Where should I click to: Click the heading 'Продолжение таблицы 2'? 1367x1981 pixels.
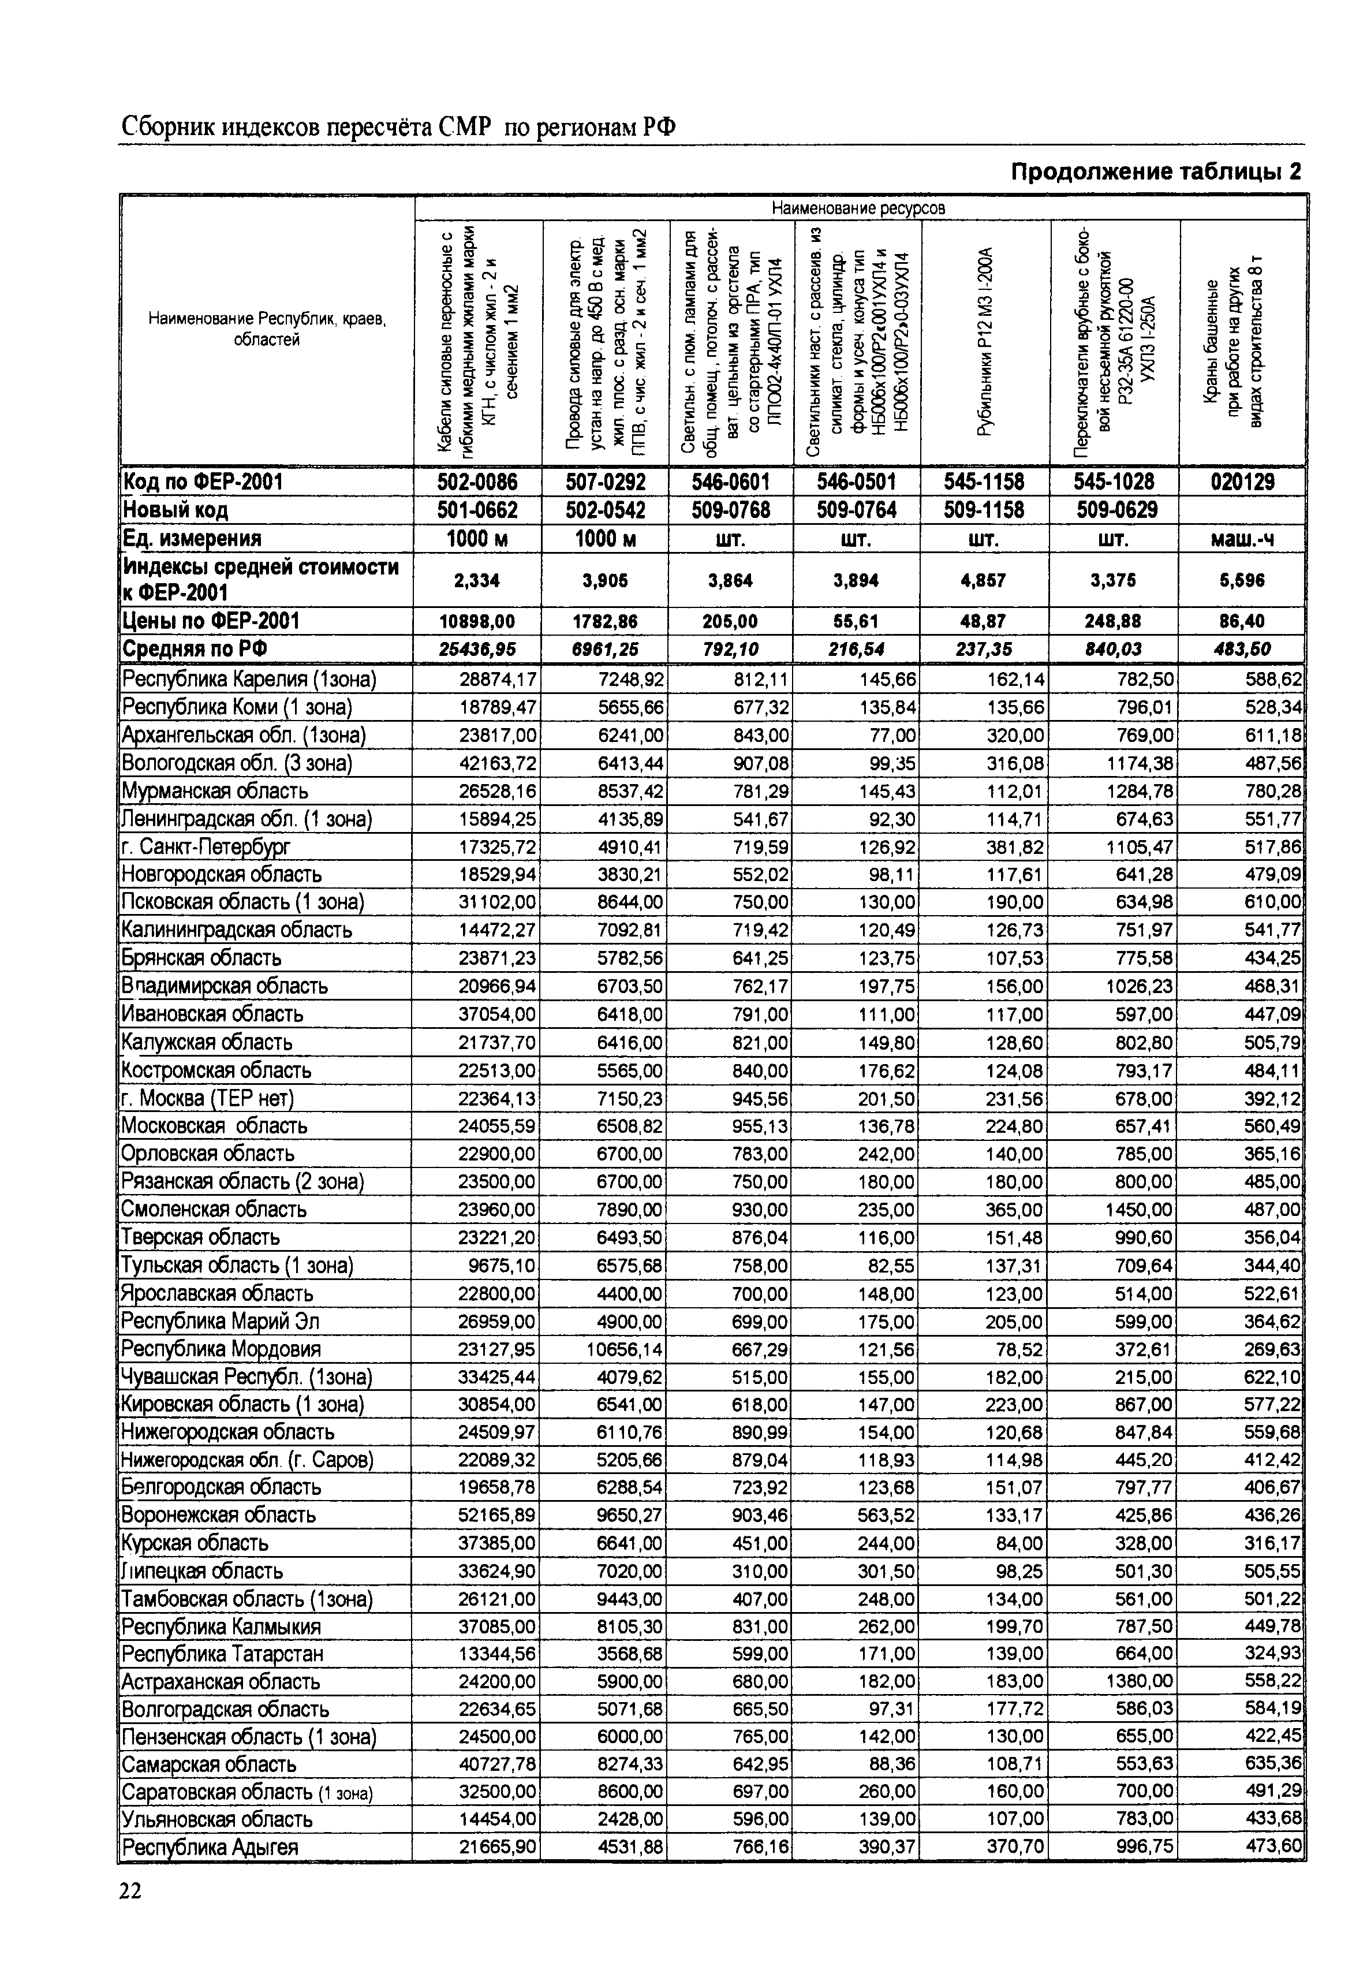point(1156,173)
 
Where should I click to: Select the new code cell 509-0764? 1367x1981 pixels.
point(857,510)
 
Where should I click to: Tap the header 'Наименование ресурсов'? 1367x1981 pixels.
point(859,208)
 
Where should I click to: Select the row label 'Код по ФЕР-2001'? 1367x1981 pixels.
point(203,482)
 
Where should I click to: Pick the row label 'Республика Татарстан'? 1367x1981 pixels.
point(223,1654)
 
